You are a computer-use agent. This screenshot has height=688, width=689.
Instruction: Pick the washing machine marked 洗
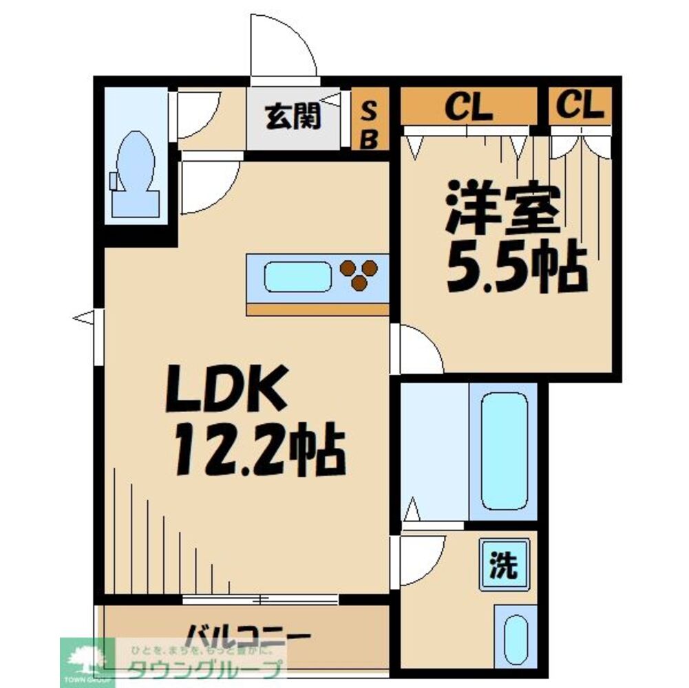point(504,565)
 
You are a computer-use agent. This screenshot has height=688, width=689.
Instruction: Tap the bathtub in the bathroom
point(504,451)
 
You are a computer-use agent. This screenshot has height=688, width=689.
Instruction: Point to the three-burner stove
point(359,274)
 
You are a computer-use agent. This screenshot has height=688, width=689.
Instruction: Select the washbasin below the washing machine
point(516,639)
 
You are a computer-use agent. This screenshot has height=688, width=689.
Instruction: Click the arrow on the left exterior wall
point(84,317)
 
